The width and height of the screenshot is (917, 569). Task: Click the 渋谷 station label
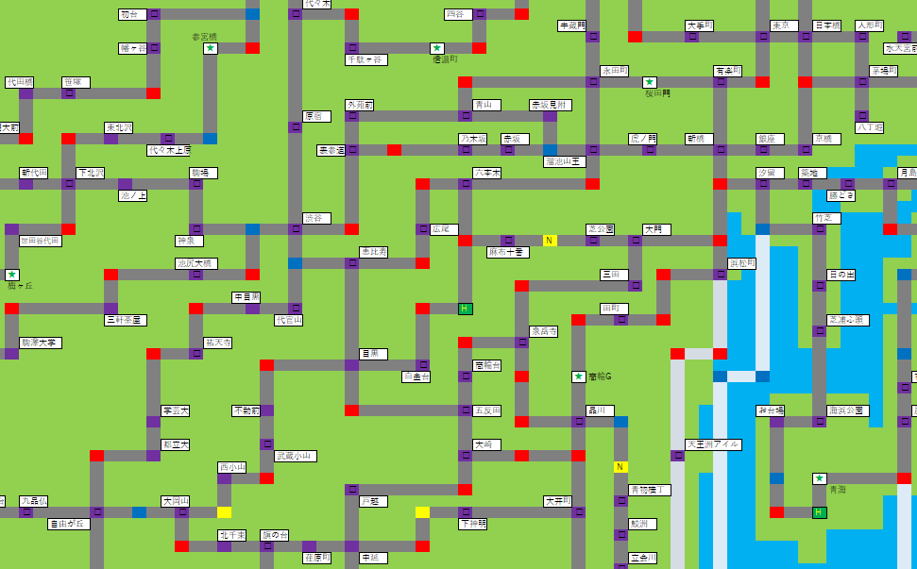(316, 218)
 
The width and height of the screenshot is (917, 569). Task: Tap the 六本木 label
(487, 173)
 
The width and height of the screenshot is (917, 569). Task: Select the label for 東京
(784, 25)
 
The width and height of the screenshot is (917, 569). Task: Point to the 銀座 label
(771, 139)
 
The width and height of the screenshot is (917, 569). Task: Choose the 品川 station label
(600, 410)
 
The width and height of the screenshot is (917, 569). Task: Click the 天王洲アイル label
(713, 444)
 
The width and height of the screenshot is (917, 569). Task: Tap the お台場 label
(770, 410)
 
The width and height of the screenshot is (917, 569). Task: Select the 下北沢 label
(91, 173)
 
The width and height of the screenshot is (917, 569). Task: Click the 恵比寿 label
(373, 252)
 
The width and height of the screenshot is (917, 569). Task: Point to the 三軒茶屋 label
(125, 320)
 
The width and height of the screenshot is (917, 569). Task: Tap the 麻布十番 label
(507, 252)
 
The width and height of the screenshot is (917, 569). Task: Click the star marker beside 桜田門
(649, 82)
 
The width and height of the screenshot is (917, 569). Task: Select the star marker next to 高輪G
(578, 377)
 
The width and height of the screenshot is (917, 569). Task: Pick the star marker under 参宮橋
(210, 48)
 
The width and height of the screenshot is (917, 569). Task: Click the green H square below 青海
(819, 512)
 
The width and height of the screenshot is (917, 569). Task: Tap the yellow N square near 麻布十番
(549, 241)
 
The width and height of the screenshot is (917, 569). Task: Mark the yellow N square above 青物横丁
(620, 467)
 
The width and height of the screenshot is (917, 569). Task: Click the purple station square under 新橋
(720, 150)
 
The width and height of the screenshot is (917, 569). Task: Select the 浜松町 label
(741, 263)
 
